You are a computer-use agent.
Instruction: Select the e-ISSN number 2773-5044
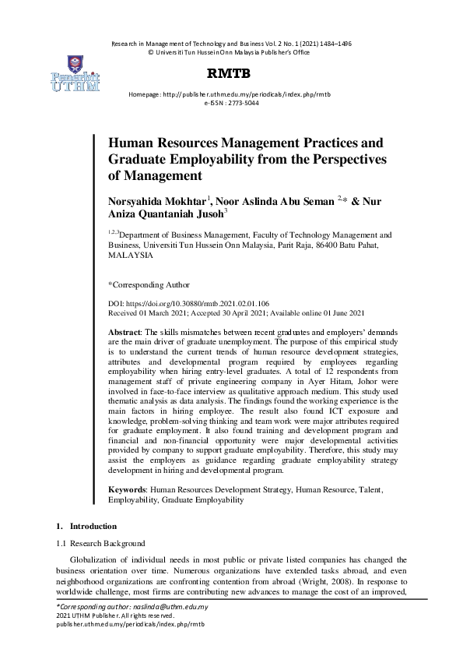tap(241, 102)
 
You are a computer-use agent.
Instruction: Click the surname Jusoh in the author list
tap(209, 214)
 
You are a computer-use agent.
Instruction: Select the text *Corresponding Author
tap(148, 285)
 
